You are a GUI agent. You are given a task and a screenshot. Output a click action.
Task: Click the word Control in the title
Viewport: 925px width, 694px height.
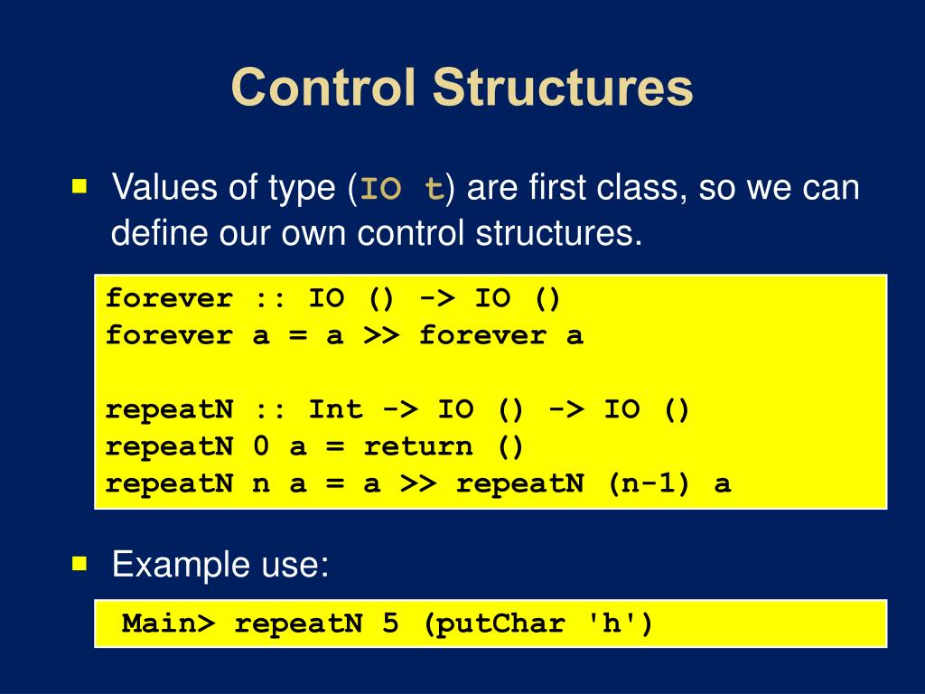click(323, 89)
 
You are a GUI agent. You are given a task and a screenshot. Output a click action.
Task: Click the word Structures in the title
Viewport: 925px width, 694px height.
click(563, 89)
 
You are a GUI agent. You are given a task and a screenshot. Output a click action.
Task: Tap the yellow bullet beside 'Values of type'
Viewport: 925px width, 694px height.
click(80, 187)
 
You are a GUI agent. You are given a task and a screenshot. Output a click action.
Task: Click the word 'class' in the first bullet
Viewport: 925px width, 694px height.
click(648, 188)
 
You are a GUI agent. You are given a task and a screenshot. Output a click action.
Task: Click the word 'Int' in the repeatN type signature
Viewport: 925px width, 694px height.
click(336, 410)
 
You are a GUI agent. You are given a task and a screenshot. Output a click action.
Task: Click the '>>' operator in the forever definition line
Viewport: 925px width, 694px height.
click(382, 336)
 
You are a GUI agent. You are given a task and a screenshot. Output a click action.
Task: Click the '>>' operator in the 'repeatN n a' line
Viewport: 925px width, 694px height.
click(419, 483)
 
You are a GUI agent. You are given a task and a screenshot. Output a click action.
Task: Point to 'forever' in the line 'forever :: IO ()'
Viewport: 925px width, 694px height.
click(169, 298)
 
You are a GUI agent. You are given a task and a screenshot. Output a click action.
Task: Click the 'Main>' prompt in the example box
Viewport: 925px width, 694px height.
click(169, 624)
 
